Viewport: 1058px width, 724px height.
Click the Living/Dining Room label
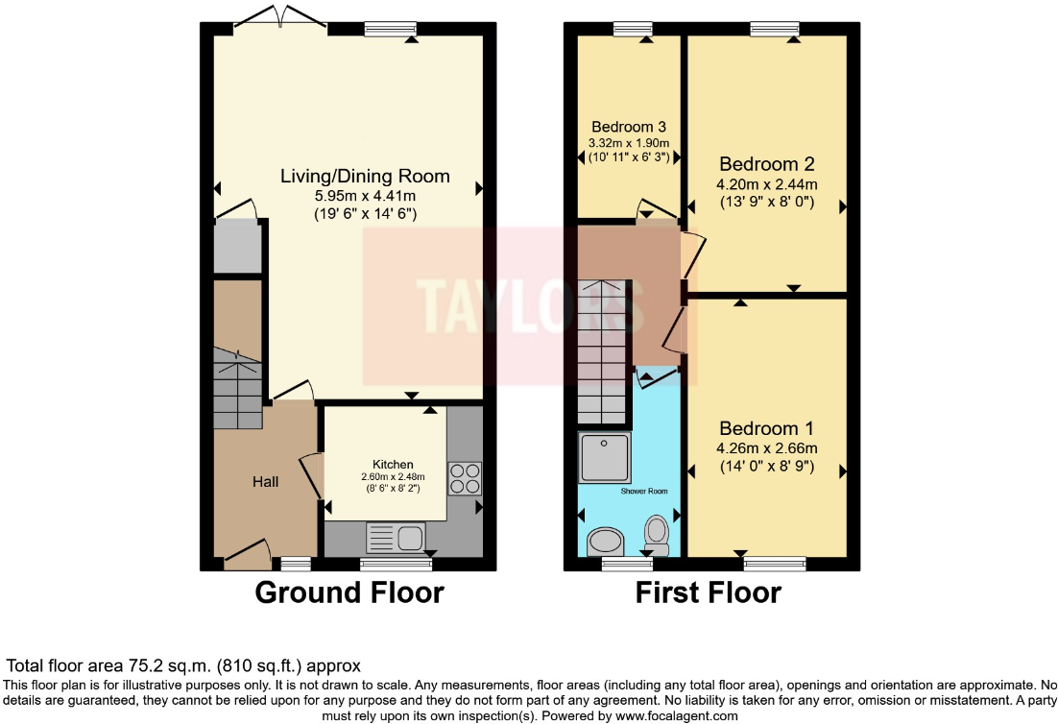pos(365,176)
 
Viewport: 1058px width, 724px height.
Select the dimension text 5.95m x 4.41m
pos(365,195)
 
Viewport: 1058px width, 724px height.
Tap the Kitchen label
pos(394,465)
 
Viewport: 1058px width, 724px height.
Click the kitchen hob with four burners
pos(465,477)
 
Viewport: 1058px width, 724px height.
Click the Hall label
pos(266,481)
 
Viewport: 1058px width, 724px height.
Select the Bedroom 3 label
pos(629,127)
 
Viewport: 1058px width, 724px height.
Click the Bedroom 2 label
pos(766,163)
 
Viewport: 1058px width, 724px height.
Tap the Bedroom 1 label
pos(766,428)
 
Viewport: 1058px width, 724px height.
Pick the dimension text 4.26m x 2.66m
pos(766,447)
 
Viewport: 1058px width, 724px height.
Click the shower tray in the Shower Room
pos(605,457)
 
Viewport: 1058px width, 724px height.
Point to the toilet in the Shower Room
pos(658,534)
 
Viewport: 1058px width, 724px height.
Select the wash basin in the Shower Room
pos(606,542)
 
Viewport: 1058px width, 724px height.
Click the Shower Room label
pos(644,491)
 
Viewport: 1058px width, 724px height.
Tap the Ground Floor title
pos(349,592)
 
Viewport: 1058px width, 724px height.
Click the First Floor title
pos(708,592)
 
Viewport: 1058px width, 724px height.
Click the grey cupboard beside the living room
pos(238,246)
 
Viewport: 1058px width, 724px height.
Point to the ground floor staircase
pos(237,388)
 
